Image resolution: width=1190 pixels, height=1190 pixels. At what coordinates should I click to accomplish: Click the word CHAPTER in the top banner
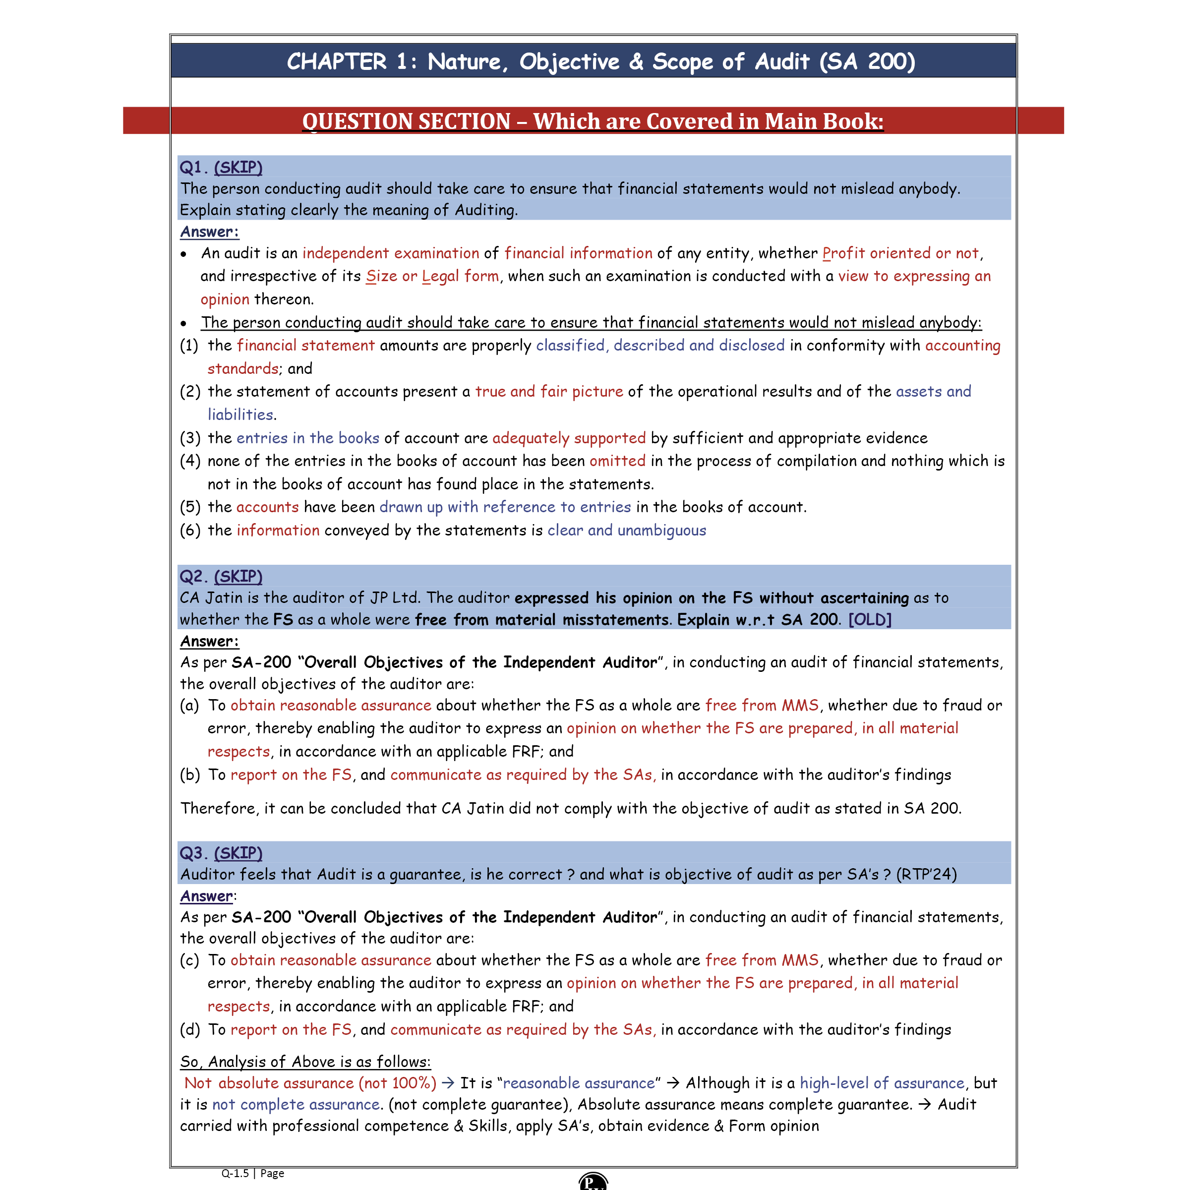336,61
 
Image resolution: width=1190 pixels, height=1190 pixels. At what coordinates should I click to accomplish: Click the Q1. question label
193,167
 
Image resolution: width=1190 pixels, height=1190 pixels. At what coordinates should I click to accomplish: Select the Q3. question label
193,852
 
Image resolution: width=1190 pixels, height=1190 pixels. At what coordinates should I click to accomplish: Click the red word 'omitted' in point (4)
617,461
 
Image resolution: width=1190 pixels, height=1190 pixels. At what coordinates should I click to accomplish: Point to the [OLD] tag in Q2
870,619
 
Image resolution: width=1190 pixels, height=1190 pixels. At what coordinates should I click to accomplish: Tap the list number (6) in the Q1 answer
190,531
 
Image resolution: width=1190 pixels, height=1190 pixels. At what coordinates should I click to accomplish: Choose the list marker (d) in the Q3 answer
190,1029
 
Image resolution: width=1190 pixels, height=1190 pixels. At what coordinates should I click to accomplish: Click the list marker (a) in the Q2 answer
190,705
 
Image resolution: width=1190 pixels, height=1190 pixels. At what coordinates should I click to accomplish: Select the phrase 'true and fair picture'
549,392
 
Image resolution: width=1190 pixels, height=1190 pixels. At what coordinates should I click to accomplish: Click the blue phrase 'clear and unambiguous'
626,531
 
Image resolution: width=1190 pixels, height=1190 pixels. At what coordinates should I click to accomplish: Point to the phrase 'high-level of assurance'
882,1083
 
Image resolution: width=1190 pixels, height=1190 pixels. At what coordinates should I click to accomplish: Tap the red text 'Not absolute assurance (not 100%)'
310,1083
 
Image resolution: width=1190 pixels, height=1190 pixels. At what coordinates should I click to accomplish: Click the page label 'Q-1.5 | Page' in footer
252,1173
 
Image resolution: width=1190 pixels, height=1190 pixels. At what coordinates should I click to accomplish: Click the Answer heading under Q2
209,641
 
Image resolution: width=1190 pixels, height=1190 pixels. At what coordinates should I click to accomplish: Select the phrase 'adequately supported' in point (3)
569,438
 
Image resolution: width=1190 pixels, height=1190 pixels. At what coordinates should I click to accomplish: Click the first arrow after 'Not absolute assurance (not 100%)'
448,1083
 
